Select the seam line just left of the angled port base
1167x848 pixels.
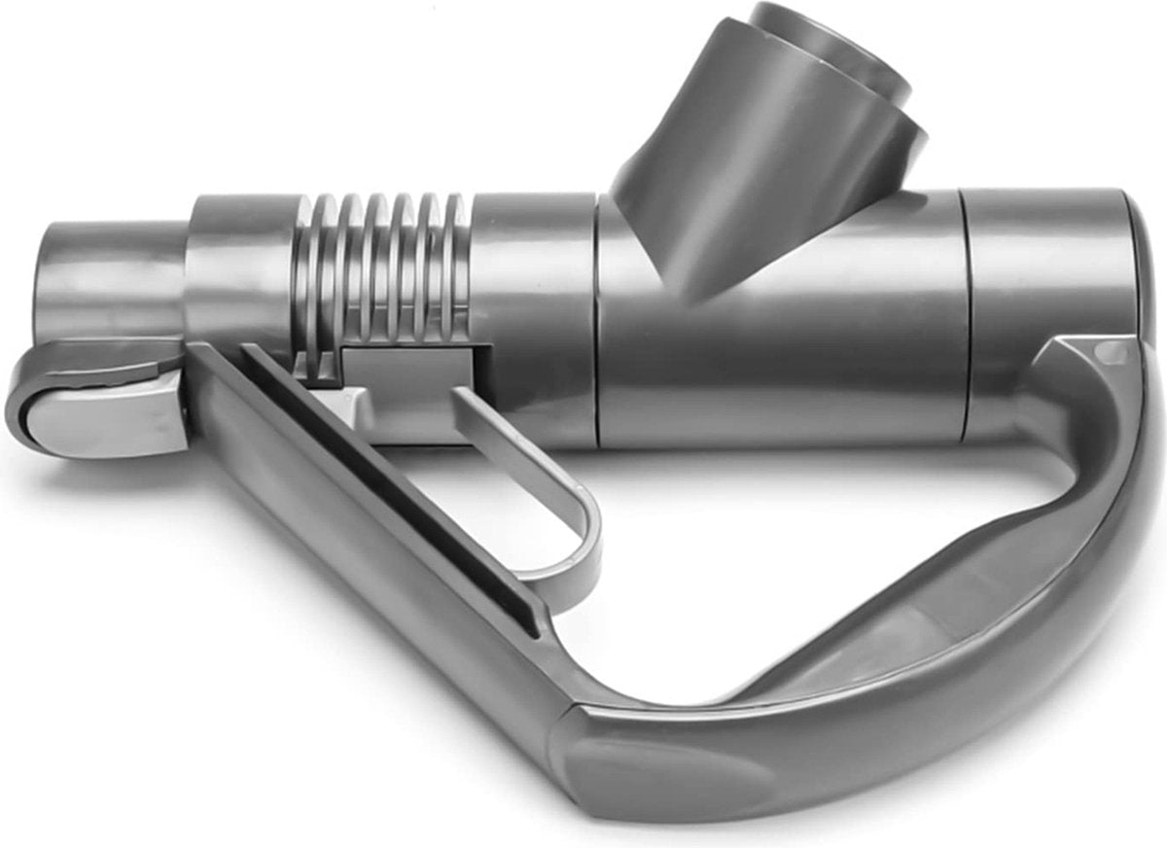coord(597,321)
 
